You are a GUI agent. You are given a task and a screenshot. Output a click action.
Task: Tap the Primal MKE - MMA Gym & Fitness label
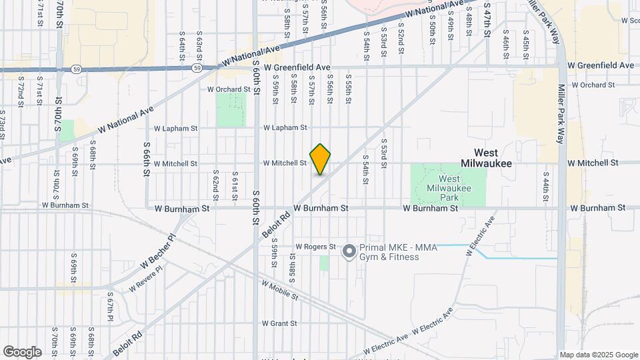tap(398, 252)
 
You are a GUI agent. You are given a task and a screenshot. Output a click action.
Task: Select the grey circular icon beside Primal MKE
tap(349, 251)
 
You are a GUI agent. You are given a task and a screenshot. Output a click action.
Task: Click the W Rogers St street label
tap(315, 247)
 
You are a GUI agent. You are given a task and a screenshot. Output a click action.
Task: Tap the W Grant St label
tap(279, 323)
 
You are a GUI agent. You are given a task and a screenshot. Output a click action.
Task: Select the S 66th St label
tap(146, 159)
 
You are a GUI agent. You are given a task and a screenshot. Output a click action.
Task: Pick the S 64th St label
tap(182, 45)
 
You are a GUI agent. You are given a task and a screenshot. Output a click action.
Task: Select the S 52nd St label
tap(401, 33)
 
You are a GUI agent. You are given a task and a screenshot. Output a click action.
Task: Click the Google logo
tap(23, 351)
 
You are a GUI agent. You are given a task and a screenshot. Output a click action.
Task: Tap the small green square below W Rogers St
tap(324, 263)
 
